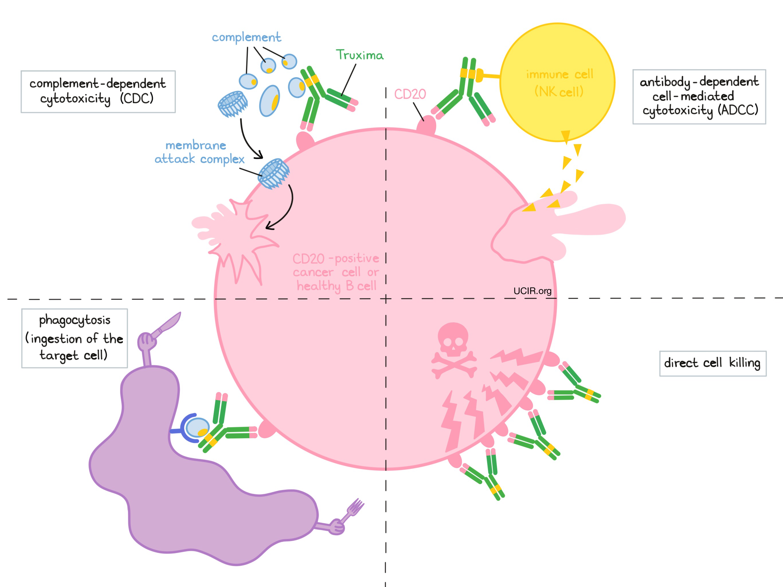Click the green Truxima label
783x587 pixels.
359,55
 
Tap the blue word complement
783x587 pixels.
246,37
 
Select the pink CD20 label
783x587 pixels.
410,94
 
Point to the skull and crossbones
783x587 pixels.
453,349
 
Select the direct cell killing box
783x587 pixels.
712,363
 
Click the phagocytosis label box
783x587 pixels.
74,338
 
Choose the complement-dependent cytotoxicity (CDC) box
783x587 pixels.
98,92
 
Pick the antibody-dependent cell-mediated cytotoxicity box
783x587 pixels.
699,97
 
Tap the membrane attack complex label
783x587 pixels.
199,152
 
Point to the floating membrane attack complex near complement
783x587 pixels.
232,104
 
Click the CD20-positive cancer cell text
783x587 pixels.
336,272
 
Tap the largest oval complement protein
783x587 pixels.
270,101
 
